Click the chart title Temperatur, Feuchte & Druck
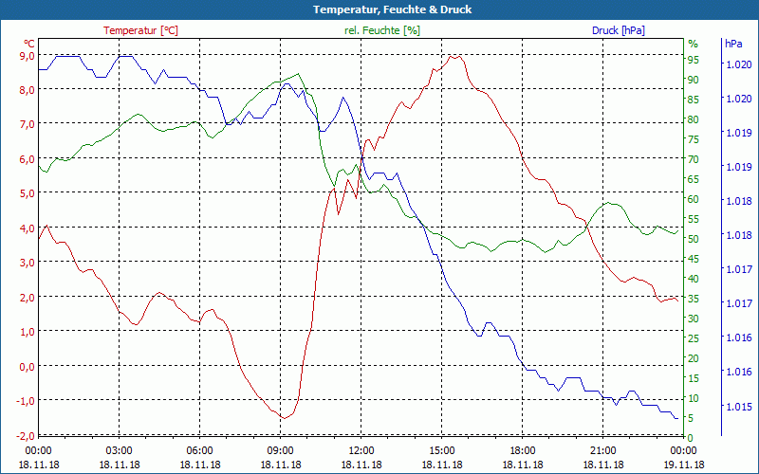379,9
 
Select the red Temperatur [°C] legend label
140,30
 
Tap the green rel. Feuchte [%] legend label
381,30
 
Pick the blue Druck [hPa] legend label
618,30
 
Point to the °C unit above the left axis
29,44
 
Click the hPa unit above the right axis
733,44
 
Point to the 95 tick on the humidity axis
694,60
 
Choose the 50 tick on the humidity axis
694,239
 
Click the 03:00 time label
119,450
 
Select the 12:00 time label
361,450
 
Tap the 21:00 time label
602,450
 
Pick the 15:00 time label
441,450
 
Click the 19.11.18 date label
683,465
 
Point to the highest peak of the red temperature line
455,56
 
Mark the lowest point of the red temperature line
283,418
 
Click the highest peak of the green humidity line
299,73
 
